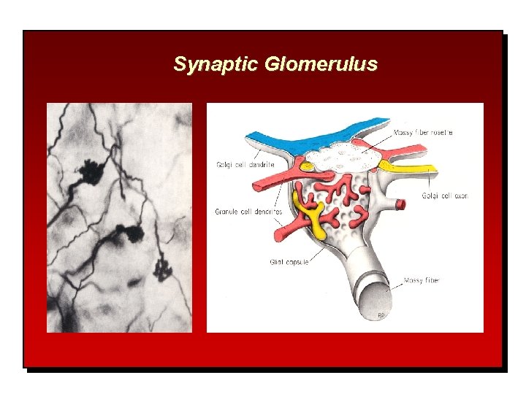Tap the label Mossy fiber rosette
point(423,133)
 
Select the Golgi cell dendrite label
point(245,166)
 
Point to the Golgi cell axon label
point(445,196)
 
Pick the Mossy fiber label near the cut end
point(422,280)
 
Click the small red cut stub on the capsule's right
point(400,204)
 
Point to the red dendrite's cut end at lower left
point(279,235)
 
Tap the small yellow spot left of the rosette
point(309,166)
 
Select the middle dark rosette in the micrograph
point(134,234)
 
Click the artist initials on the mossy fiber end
point(381,314)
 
